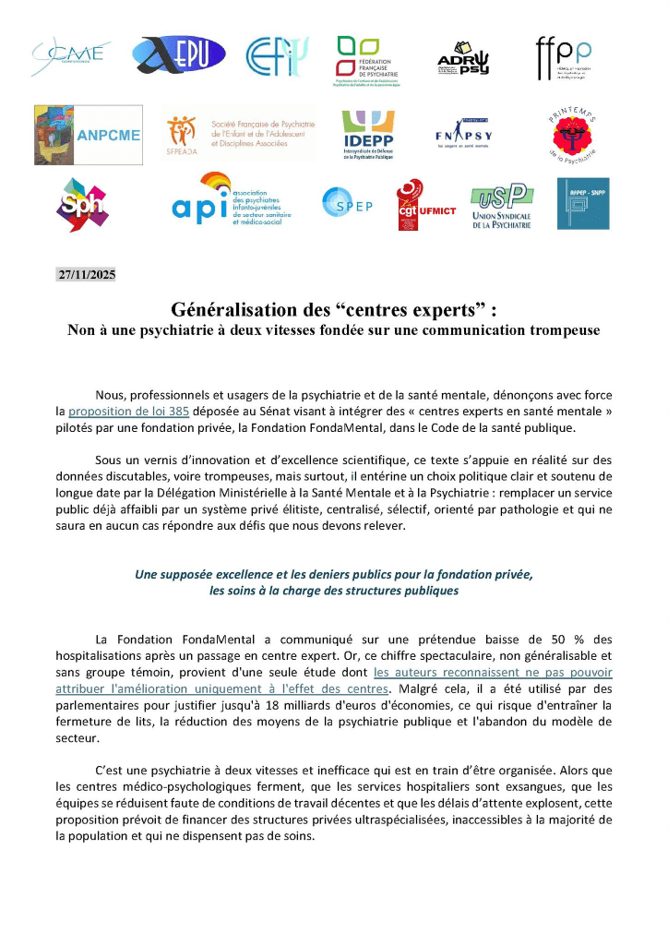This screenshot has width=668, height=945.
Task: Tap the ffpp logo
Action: [x=564, y=57]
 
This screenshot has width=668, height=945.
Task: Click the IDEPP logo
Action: [x=368, y=134]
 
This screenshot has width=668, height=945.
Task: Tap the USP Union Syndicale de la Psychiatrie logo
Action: [x=501, y=205]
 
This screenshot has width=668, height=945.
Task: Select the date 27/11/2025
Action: [x=87, y=274]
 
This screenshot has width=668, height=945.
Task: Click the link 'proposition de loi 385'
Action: [x=129, y=412]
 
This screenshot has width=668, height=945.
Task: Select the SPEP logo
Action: [x=348, y=204]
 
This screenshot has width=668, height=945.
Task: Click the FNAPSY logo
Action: [x=462, y=135]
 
